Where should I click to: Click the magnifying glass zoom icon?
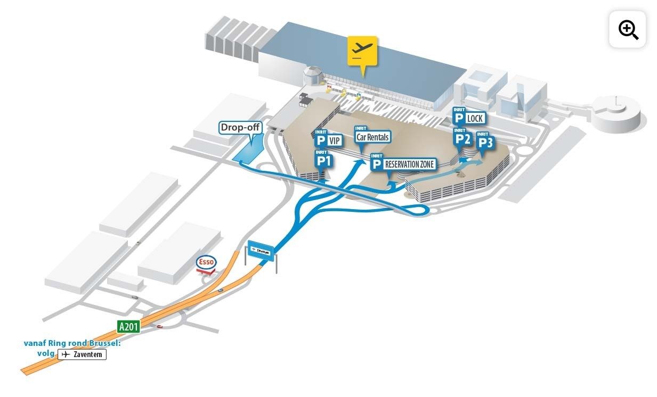click(628, 30)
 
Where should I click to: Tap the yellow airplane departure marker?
click(362, 51)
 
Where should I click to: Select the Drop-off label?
click(240, 128)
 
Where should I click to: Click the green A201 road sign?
click(128, 326)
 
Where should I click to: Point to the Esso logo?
click(206, 262)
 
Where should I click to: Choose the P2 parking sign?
click(462, 138)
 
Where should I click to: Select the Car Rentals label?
click(372, 137)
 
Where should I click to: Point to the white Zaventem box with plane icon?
click(82, 354)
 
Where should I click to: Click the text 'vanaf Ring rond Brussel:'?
click(72, 343)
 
